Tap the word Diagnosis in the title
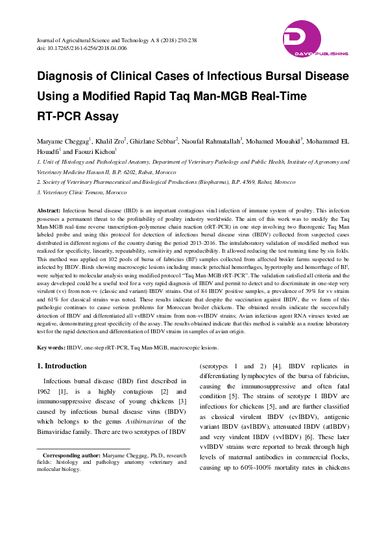(x=68, y=77)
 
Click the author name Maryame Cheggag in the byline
(x=62, y=140)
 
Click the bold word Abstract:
(x=49, y=212)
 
